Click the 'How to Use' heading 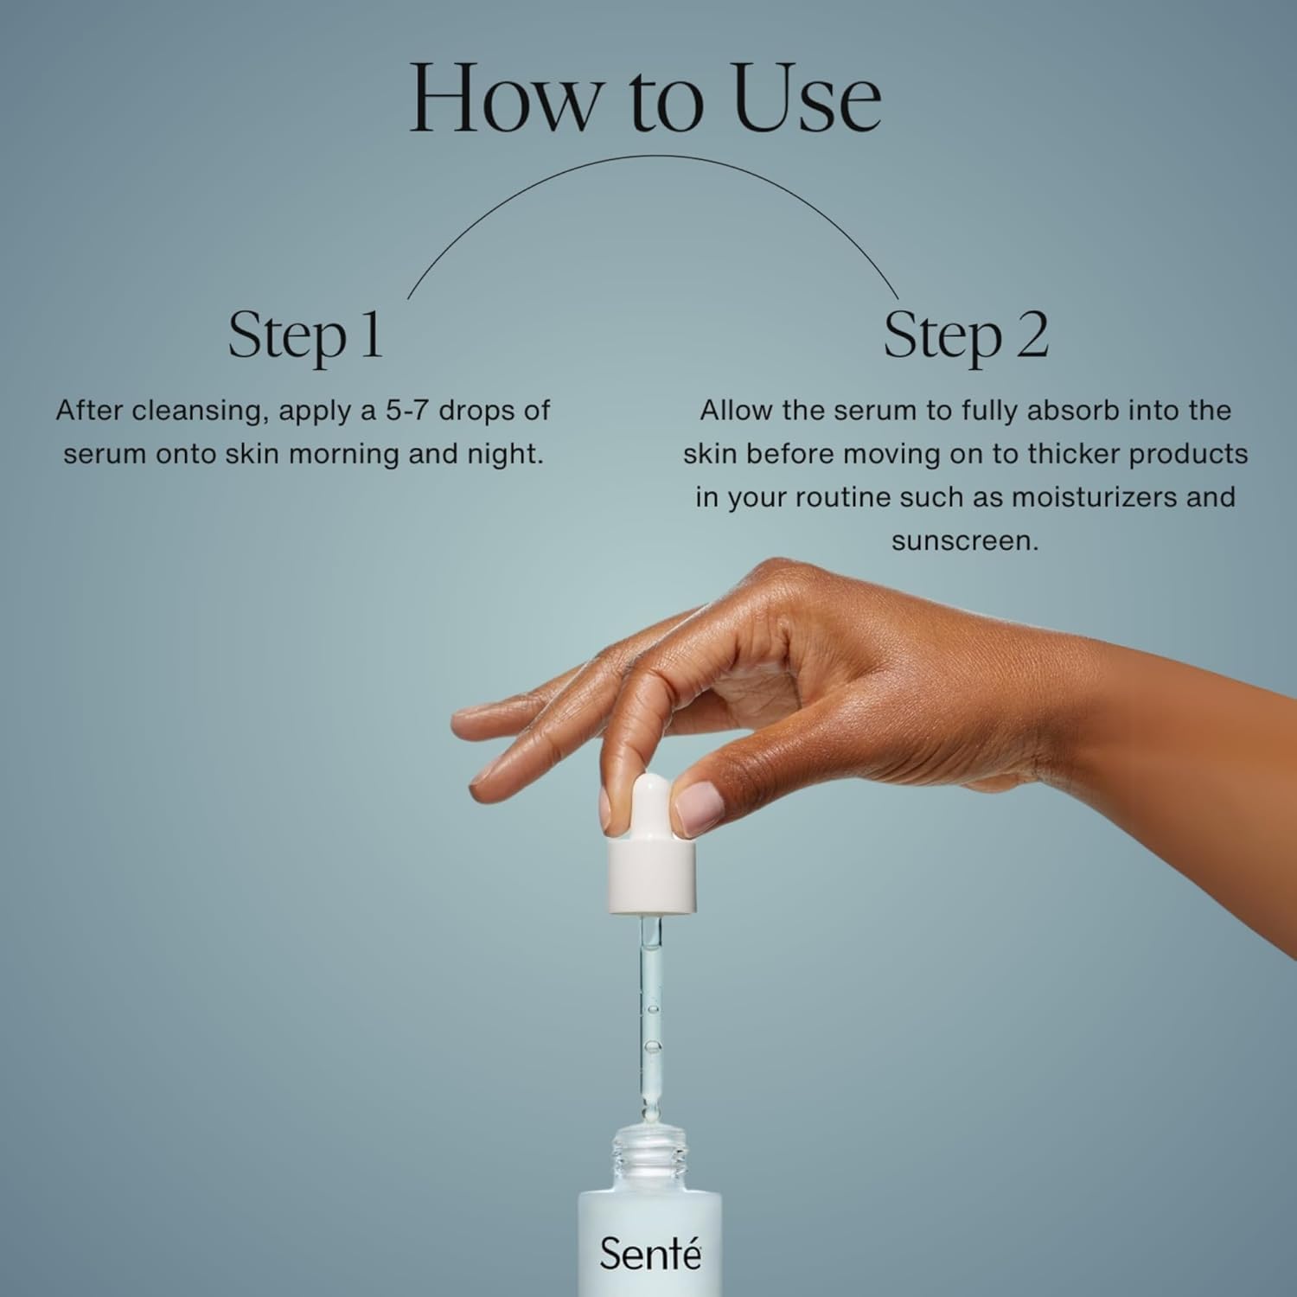645,97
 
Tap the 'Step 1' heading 305,335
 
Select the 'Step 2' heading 966,335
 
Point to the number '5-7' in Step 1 406,410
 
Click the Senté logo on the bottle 649,1253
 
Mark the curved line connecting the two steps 654,156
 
